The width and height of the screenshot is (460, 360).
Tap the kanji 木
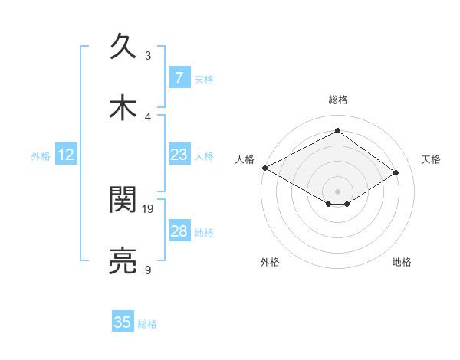click(123, 109)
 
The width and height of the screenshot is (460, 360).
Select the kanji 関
click(123, 201)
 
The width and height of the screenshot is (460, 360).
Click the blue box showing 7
click(179, 77)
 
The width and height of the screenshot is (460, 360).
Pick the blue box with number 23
click(179, 155)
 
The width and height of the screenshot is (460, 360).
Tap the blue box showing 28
click(179, 231)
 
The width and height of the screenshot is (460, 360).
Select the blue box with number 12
click(66, 155)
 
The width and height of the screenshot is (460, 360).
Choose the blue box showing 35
click(123, 322)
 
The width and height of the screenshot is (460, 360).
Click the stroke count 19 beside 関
click(148, 208)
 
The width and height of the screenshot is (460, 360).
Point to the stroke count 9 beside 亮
click(148, 270)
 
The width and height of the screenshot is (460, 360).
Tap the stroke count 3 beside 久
click(148, 55)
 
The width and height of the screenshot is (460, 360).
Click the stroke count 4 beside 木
click(148, 116)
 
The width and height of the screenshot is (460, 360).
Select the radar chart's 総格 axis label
click(338, 100)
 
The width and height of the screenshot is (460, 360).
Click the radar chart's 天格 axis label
click(431, 159)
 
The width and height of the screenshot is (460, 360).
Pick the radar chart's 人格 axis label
click(245, 159)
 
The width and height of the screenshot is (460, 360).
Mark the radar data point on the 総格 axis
click(337, 130)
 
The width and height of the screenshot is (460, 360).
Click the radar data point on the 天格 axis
click(396, 173)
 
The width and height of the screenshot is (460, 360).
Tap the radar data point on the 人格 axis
click(264, 167)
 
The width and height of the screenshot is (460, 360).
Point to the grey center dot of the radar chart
click(337, 191)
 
